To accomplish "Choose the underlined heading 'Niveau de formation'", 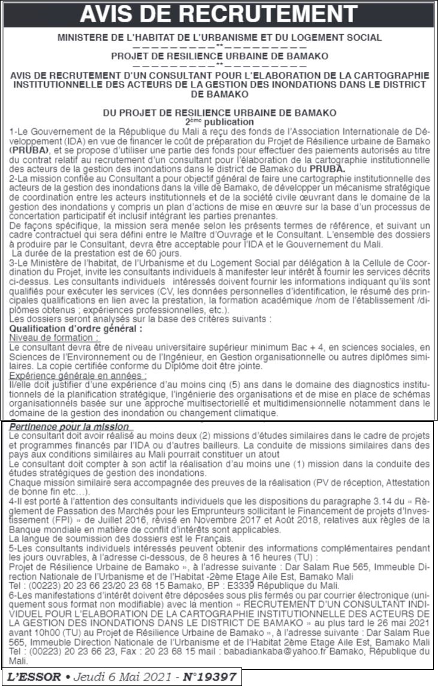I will pos(55,337).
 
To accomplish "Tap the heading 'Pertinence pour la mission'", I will pos(73,427).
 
